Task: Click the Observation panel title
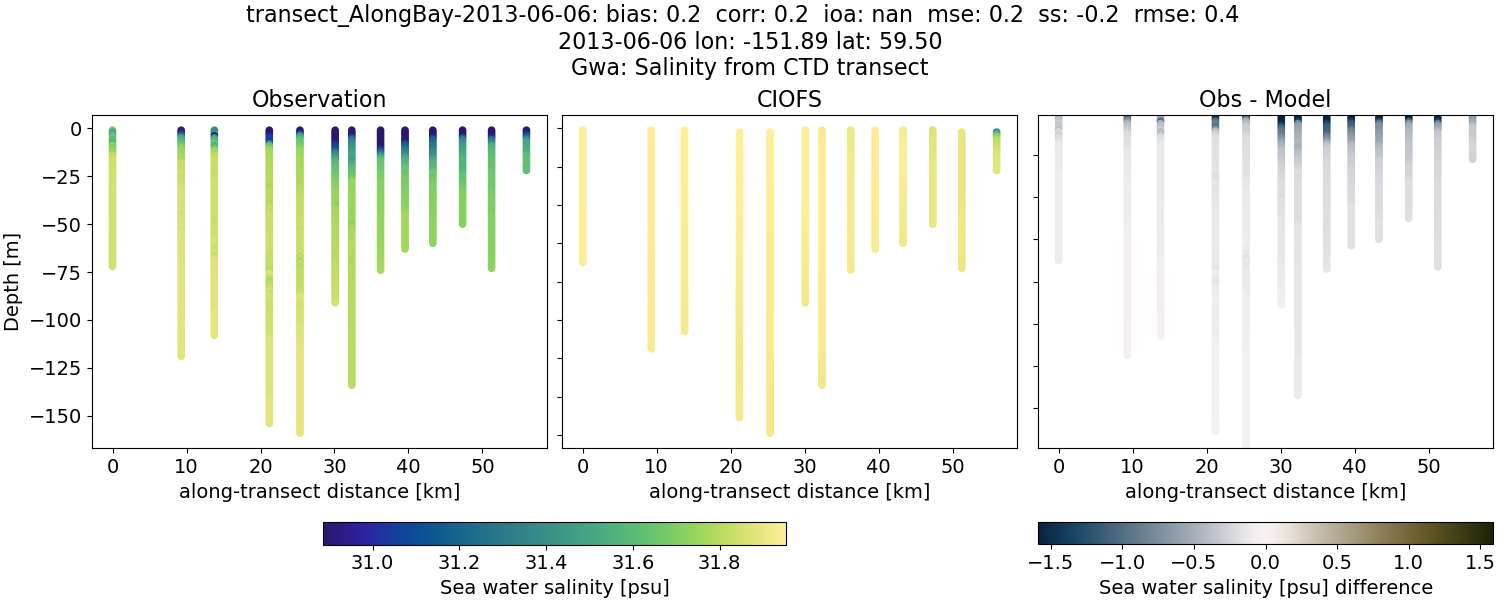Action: [319, 99]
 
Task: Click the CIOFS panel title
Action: [789, 99]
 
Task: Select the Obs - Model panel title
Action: [1264, 99]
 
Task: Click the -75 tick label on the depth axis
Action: [66, 272]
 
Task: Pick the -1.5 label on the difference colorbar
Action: [1050, 563]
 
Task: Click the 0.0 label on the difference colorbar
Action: [1266, 563]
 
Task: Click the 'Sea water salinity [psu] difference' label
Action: [1265, 587]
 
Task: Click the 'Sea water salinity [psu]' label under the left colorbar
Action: [554, 587]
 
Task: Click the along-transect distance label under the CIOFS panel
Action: [789, 491]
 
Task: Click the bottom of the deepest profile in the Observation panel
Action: [299, 432]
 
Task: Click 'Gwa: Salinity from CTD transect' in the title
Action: [749, 68]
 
